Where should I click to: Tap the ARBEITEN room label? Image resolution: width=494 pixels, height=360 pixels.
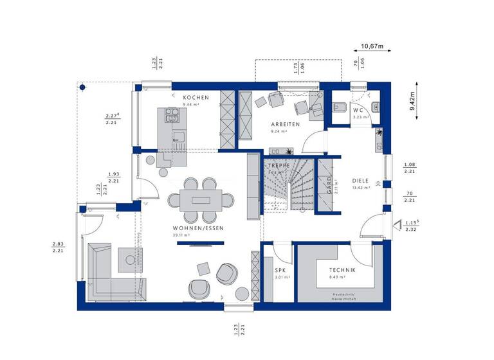tap(285, 124)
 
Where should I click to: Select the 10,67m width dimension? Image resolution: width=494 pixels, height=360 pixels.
tap(372, 46)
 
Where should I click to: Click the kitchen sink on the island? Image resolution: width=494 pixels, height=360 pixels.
tap(172, 116)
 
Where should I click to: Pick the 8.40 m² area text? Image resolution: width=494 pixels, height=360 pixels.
tap(338, 278)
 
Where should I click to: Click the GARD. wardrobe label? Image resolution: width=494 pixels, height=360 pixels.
tap(329, 186)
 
